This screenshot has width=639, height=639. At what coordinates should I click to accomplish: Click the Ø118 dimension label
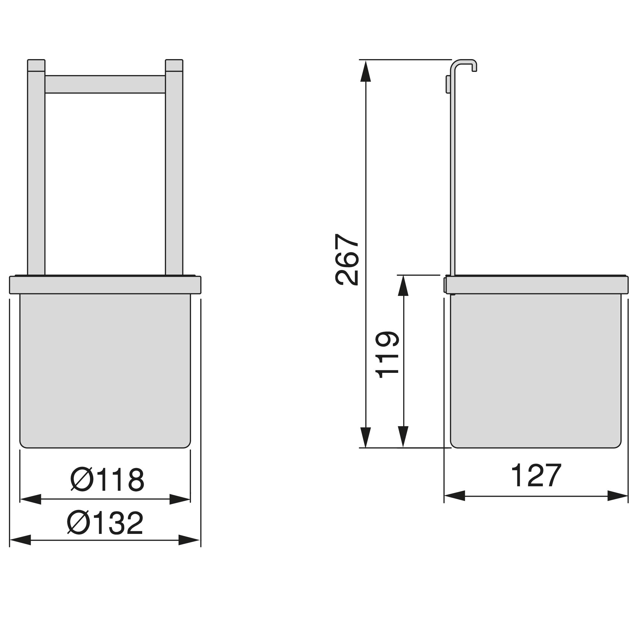107,480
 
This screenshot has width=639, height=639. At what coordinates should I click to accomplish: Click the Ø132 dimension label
105,523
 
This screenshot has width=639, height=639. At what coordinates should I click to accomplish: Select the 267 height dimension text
347,259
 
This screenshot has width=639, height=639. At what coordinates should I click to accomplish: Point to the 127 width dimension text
536,475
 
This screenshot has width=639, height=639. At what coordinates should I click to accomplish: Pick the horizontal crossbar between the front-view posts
105,84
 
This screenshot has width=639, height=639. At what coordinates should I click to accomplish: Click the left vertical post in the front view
36,173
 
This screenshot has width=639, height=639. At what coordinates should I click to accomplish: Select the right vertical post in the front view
174,173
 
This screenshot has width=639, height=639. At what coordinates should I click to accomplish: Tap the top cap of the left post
36,65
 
